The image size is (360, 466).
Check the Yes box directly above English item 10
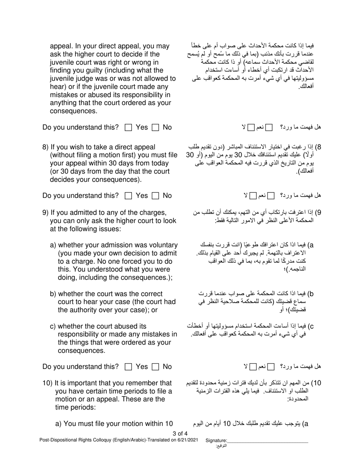tap(128, 367)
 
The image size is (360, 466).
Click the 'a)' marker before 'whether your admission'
tap(53, 245)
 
